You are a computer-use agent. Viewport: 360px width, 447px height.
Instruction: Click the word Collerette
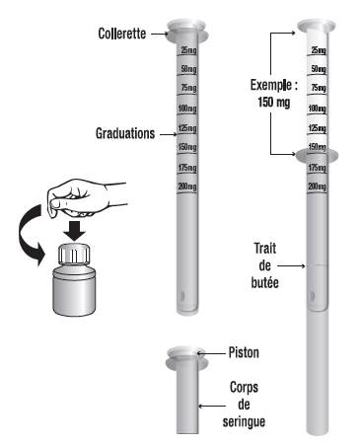coord(122,34)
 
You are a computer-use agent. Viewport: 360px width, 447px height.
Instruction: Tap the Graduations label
coord(125,133)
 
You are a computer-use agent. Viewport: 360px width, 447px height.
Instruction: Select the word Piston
coord(244,352)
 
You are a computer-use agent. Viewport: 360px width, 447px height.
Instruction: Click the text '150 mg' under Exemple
coord(274,102)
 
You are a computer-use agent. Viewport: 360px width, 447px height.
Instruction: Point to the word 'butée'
coord(264,282)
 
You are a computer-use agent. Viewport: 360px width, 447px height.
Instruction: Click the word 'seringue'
coord(244,421)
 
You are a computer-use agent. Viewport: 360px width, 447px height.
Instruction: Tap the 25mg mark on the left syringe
coord(188,50)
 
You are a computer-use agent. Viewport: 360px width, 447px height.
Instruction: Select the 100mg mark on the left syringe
coord(187,109)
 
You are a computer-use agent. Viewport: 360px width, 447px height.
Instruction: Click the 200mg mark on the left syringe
coord(187,186)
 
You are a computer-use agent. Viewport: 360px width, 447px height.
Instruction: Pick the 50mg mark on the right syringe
coord(319,69)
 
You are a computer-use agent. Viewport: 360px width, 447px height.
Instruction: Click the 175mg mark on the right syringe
coord(318,168)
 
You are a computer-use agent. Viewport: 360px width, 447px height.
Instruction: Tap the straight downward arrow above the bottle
coord(74,231)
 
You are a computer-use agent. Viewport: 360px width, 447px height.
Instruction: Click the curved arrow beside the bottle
coord(29,235)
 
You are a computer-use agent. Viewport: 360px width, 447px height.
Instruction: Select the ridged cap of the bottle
coord(74,254)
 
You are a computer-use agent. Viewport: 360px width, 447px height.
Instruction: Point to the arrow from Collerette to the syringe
coord(159,34)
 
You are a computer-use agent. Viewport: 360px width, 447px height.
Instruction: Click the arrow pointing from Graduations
coord(169,134)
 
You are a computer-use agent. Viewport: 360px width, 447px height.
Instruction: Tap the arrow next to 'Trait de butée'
coord(291,265)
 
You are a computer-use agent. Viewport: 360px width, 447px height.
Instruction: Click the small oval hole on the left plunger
coord(182,296)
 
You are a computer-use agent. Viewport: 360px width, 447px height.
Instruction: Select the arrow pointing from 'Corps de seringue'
coord(212,407)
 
